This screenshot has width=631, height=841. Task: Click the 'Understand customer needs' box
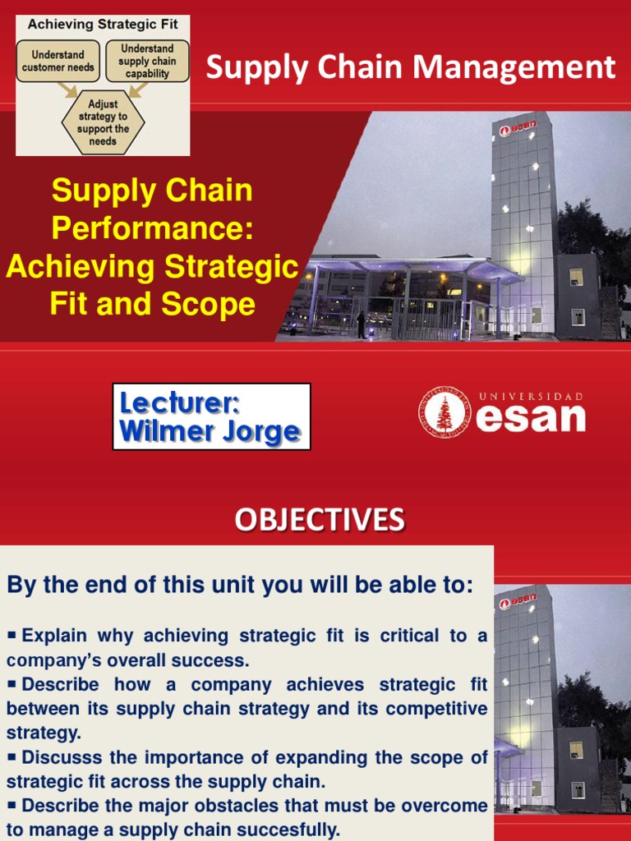pyautogui.click(x=58, y=61)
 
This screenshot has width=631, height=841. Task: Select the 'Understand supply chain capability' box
pyautogui.click(x=147, y=61)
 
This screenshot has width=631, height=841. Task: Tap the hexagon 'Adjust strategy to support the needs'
pyautogui.click(x=103, y=122)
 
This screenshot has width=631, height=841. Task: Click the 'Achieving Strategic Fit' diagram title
pyautogui.click(x=103, y=25)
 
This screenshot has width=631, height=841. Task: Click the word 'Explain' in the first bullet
pyautogui.click(x=55, y=635)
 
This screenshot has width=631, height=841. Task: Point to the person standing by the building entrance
pyautogui.click(x=361, y=324)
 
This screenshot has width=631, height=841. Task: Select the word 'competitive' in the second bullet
pyautogui.click(x=443, y=708)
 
